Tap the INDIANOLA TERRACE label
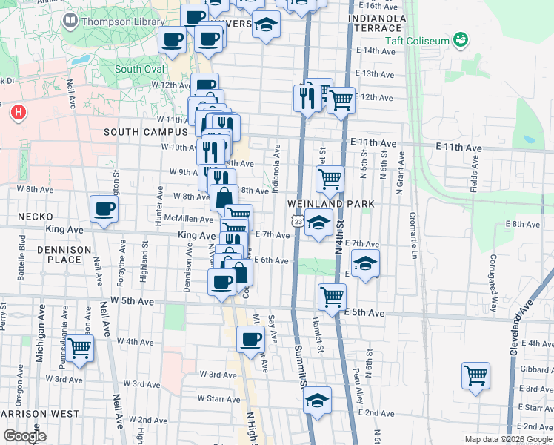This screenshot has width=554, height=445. click(x=377, y=22)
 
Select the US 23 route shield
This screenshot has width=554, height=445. click(x=296, y=221)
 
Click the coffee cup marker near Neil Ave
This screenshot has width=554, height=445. click(x=104, y=208)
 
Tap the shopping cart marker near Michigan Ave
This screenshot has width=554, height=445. click(x=80, y=346)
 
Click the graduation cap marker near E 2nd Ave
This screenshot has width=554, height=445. click(x=318, y=399)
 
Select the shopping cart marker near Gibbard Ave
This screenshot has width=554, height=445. click(x=475, y=374)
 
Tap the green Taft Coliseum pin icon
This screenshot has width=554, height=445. click(x=460, y=39)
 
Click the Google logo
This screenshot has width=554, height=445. click(x=24, y=436)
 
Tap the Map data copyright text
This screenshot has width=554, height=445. click(x=507, y=439)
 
